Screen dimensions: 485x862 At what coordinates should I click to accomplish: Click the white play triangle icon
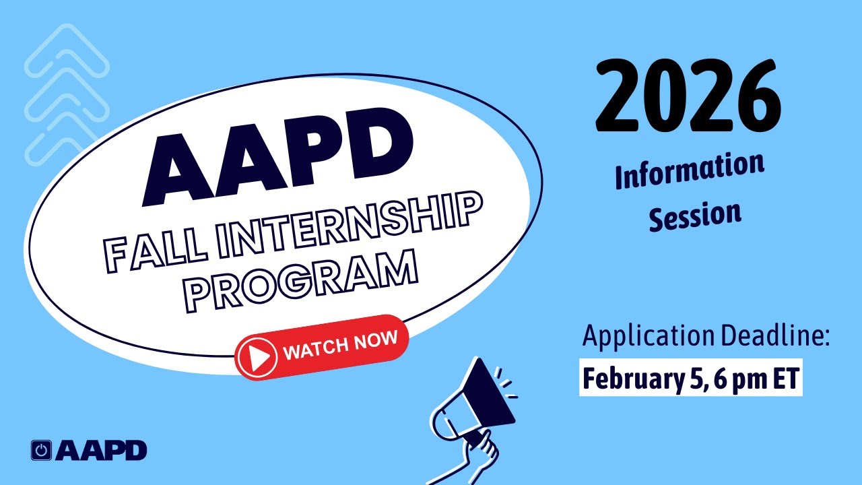coord(257,356)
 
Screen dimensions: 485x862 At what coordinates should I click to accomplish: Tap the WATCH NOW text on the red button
coord(340,344)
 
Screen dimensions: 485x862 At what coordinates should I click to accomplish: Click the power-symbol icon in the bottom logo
coord(42,451)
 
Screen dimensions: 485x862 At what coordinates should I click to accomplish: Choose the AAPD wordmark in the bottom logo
coord(101,451)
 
